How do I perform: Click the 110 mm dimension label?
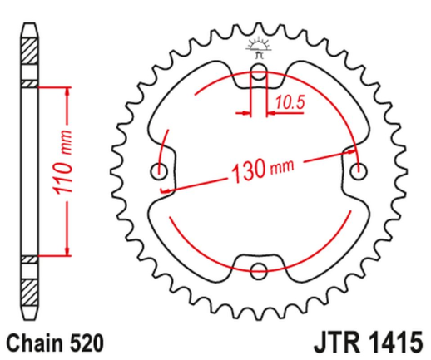click(x=66, y=165)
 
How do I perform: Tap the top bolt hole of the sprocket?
click(x=259, y=74)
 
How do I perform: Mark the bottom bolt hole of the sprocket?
click(x=259, y=270)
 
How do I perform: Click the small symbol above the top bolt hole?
click(x=259, y=48)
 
